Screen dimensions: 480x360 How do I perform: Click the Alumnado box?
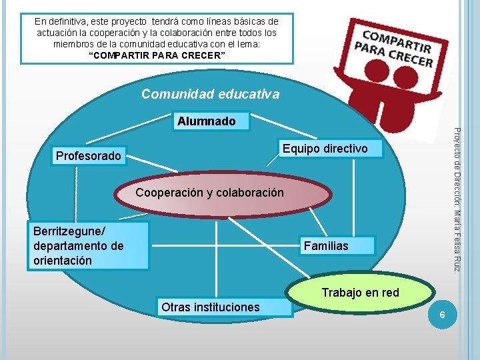206,121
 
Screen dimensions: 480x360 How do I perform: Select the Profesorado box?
89,156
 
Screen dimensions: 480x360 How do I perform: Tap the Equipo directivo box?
325,149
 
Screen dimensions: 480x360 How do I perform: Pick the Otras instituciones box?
211,307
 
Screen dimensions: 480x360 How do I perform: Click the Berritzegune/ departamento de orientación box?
89,245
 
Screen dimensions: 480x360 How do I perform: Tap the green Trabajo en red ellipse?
360,293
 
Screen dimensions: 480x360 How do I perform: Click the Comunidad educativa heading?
210,95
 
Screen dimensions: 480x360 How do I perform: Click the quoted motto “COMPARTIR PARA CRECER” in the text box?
157,55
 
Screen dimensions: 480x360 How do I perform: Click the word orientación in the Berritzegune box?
63,260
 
